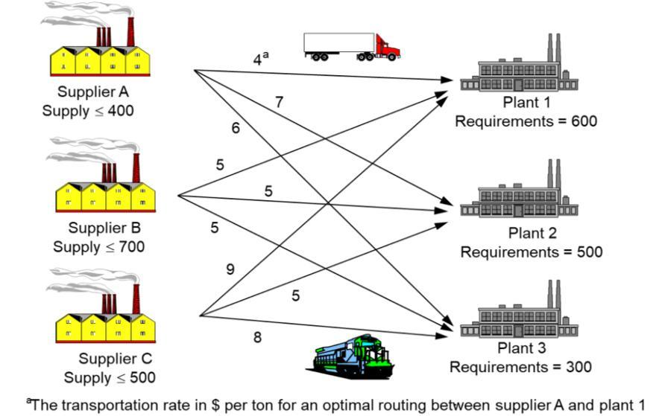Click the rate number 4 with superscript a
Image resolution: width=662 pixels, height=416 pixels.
(x=260, y=59)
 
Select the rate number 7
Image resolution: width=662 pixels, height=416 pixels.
(x=279, y=102)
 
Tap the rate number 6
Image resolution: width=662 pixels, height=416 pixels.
(x=236, y=128)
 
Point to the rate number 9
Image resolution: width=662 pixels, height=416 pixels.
(x=230, y=269)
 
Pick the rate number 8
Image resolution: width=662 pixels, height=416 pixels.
(x=257, y=337)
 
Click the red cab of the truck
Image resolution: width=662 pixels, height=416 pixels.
(x=386, y=48)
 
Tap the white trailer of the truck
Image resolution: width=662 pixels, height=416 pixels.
(x=339, y=43)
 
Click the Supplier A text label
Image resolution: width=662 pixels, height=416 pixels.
(x=93, y=92)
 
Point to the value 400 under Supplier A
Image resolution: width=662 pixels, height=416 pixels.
(x=121, y=111)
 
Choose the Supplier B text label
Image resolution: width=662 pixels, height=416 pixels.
(x=104, y=228)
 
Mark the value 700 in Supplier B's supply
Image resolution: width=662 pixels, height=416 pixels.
(x=132, y=247)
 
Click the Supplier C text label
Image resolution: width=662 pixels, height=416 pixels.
(x=116, y=359)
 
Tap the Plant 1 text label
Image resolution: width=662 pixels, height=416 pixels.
(x=527, y=103)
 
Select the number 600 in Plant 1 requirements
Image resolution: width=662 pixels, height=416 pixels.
(x=584, y=121)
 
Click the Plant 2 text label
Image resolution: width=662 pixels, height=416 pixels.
(x=532, y=233)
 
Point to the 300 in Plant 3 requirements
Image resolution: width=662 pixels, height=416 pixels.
(x=579, y=367)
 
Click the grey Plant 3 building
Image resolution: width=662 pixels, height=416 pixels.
(x=519, y=309)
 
